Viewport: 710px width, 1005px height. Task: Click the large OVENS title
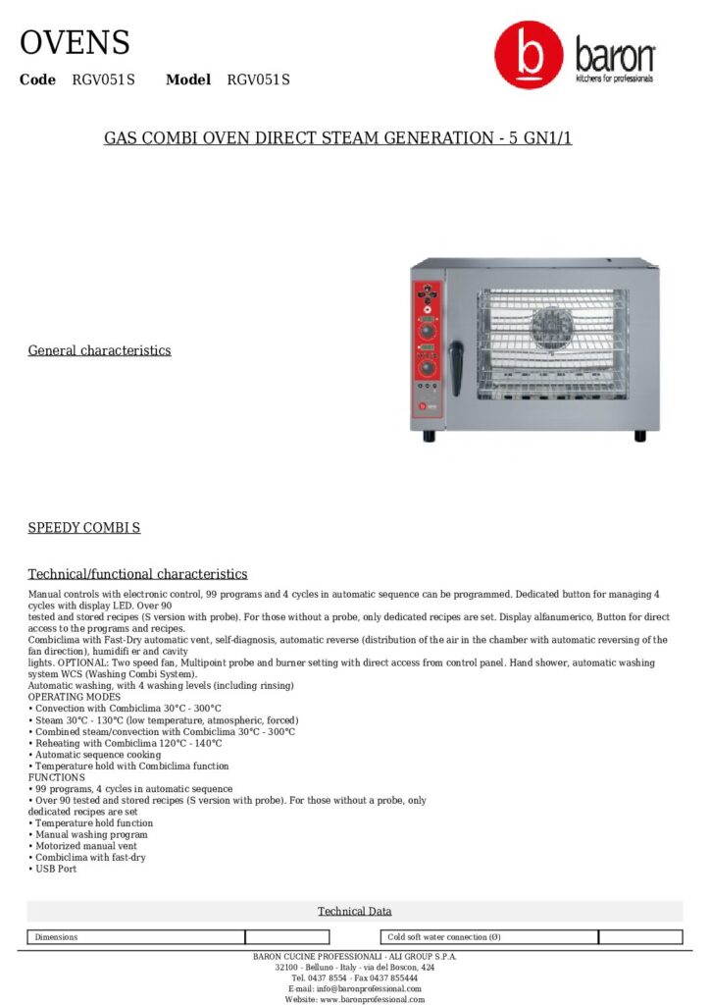point(75,43)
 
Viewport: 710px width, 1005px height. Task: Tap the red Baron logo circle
point(529,56)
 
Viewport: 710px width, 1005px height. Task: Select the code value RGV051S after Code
point(103,79)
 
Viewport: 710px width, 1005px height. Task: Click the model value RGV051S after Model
point(258,79)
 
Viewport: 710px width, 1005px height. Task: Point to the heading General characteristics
point(99,350)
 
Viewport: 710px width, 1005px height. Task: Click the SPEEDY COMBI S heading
point(83,528)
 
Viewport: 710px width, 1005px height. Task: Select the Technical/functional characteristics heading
point(137,574)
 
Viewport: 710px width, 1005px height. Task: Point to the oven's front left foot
point(429,436)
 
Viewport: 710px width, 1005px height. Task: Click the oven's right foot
point(640,435)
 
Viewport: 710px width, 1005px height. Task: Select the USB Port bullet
point(55,870)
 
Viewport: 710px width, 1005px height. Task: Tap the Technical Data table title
point(354,912)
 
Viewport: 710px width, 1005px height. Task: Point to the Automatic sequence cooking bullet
point(97,755)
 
